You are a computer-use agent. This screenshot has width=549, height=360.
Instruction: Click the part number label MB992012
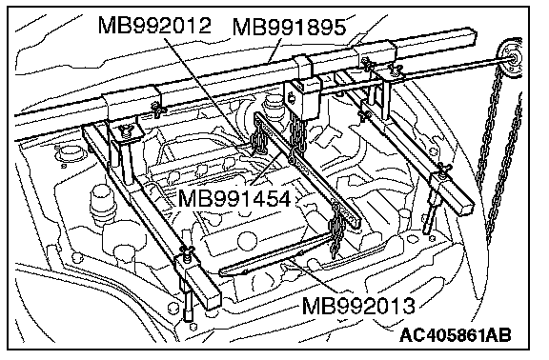tap(154, 25)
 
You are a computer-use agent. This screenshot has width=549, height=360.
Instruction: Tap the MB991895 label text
tap(289, 27)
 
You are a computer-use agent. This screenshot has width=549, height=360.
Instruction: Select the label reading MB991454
tap(234, 198)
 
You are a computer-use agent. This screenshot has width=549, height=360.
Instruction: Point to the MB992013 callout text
tap(357, 306)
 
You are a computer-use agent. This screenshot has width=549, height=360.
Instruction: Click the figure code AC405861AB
tap(456, 335)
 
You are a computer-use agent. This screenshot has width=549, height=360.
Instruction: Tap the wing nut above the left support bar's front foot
tap(186, 251)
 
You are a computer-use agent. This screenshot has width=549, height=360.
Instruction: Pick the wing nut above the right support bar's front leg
tap(442, 169)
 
